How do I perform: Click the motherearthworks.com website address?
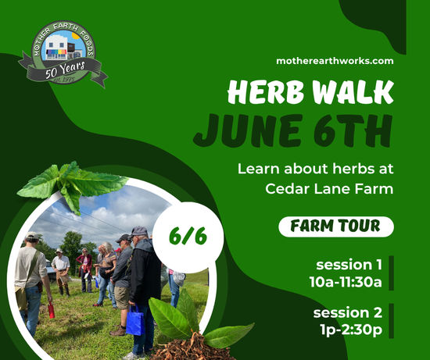click(x=335, y=61)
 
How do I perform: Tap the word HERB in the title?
click(x=266, y=92)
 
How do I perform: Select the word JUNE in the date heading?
click(x=248, y=130)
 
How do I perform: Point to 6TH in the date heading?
click(x=353, y=130)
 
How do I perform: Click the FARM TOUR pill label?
click(x=336, y=226)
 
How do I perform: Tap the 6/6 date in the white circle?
click(x=188, y=236)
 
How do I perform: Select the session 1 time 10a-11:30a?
click(x=346, y=282)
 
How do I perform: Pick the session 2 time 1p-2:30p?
click(x=351, y=330)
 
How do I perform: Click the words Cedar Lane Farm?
click(x=329, y=189)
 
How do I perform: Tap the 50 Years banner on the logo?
click(x=65, y=70)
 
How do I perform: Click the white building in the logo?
click(x=56, y=48)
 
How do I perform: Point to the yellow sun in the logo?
click(x=76, y=36)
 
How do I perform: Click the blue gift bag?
click(x=135, y=320)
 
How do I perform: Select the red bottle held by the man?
click(x=52, y=310)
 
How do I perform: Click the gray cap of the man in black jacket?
click(x=138, y=231)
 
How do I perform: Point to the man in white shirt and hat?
click(x=61, y=271)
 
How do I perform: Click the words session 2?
click(x=347, y=312)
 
